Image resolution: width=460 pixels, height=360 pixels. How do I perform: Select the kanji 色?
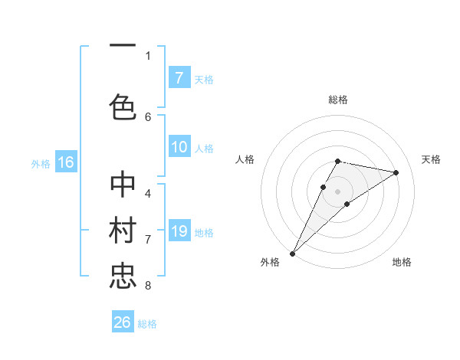pyautogui.click(x=123, y=106)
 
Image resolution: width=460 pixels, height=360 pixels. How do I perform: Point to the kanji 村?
pyautogui.click(x=123, y=232)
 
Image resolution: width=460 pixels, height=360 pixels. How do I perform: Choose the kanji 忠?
pyautogui.click(x=123, y=275)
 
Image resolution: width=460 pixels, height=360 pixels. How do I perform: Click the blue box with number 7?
pyautogui.click(x=179, y=78)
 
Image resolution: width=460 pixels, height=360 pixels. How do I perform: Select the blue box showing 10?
pyautogui.click(x=179, y=147)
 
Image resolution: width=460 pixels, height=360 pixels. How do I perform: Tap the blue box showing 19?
pyautogui.click(x=179, y=231)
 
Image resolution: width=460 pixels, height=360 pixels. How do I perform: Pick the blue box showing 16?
pyautogui.click(x=65, y=162)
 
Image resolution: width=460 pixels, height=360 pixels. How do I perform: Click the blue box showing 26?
pyautogui.click(x=123, y=322)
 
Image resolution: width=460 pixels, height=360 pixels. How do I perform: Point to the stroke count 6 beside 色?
pyautogui.click(x=148, y=116)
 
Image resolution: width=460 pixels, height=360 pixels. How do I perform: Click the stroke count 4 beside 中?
pyautogui.click(x=148, y=193)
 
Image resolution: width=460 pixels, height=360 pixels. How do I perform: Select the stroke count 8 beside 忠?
pyautogui.click(x=148, y=286)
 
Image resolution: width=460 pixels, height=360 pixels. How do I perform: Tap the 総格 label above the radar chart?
pyautogui.click(x=338, y=100)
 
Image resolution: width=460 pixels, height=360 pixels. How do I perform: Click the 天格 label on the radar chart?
pyautogui.click(x=432, y=159)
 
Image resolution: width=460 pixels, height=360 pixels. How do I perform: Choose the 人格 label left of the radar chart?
pyautogui.click(x=245, y=159)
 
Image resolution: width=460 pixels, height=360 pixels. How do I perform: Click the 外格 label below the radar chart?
pyautogui.click(x=270, y=262)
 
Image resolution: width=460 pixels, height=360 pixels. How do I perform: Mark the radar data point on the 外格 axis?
pyautogui.click(x=292, y=253)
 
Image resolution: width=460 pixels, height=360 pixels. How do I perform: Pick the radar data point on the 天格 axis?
pyautogui.click(x=396, y=172)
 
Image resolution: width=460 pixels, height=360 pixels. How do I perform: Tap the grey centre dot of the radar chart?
pyautogui.click(x=338, y=191)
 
